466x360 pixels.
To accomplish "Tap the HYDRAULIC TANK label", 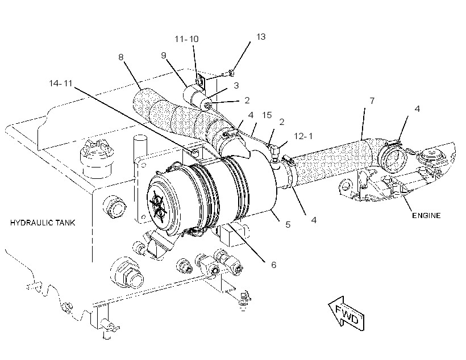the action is point(43,223).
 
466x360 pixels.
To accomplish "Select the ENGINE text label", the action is point(426,215).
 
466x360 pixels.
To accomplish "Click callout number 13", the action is point(261,37).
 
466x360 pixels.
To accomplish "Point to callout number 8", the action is point(120,57).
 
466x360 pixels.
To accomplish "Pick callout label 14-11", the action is point(61,83).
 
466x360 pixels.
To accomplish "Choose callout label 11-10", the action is point(186,39).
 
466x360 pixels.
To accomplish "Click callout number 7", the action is point(372,101).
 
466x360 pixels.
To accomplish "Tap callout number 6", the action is point(274,265).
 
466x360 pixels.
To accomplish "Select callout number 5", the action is point(288,224).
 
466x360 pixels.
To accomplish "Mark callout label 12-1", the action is point(303,136).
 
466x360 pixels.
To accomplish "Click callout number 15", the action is point(267,115).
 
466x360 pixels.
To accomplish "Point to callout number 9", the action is point(164,56).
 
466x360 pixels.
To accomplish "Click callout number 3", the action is point(236,86).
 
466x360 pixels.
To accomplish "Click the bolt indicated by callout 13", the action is point(229,73).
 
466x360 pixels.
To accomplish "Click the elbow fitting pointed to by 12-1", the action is point(275,152).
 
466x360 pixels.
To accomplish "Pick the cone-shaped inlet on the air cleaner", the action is point(235,147).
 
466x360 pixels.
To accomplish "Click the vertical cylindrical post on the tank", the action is point(140,148).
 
